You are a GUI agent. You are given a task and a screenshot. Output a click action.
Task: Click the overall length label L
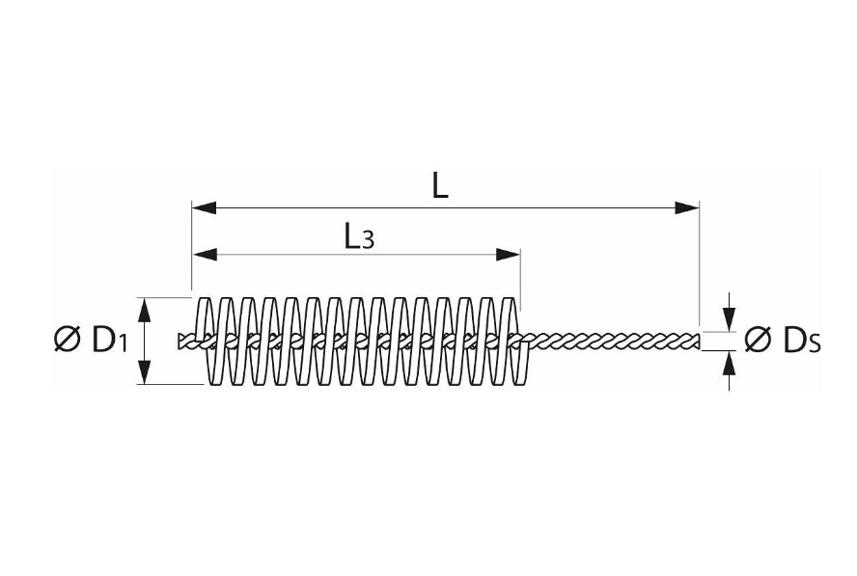439,185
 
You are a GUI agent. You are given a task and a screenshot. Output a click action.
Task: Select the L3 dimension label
359,236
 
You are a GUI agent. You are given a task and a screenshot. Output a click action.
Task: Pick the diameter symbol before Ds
759,340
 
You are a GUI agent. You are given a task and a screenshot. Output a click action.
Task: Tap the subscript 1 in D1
122,343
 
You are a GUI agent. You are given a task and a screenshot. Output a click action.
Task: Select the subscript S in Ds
815,343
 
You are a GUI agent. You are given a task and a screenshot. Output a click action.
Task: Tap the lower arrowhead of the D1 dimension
146,373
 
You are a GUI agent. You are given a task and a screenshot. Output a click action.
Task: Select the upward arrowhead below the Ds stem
729,362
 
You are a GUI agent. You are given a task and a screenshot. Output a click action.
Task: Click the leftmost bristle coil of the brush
204,341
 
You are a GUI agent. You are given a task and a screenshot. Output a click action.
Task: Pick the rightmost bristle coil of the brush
519,341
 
